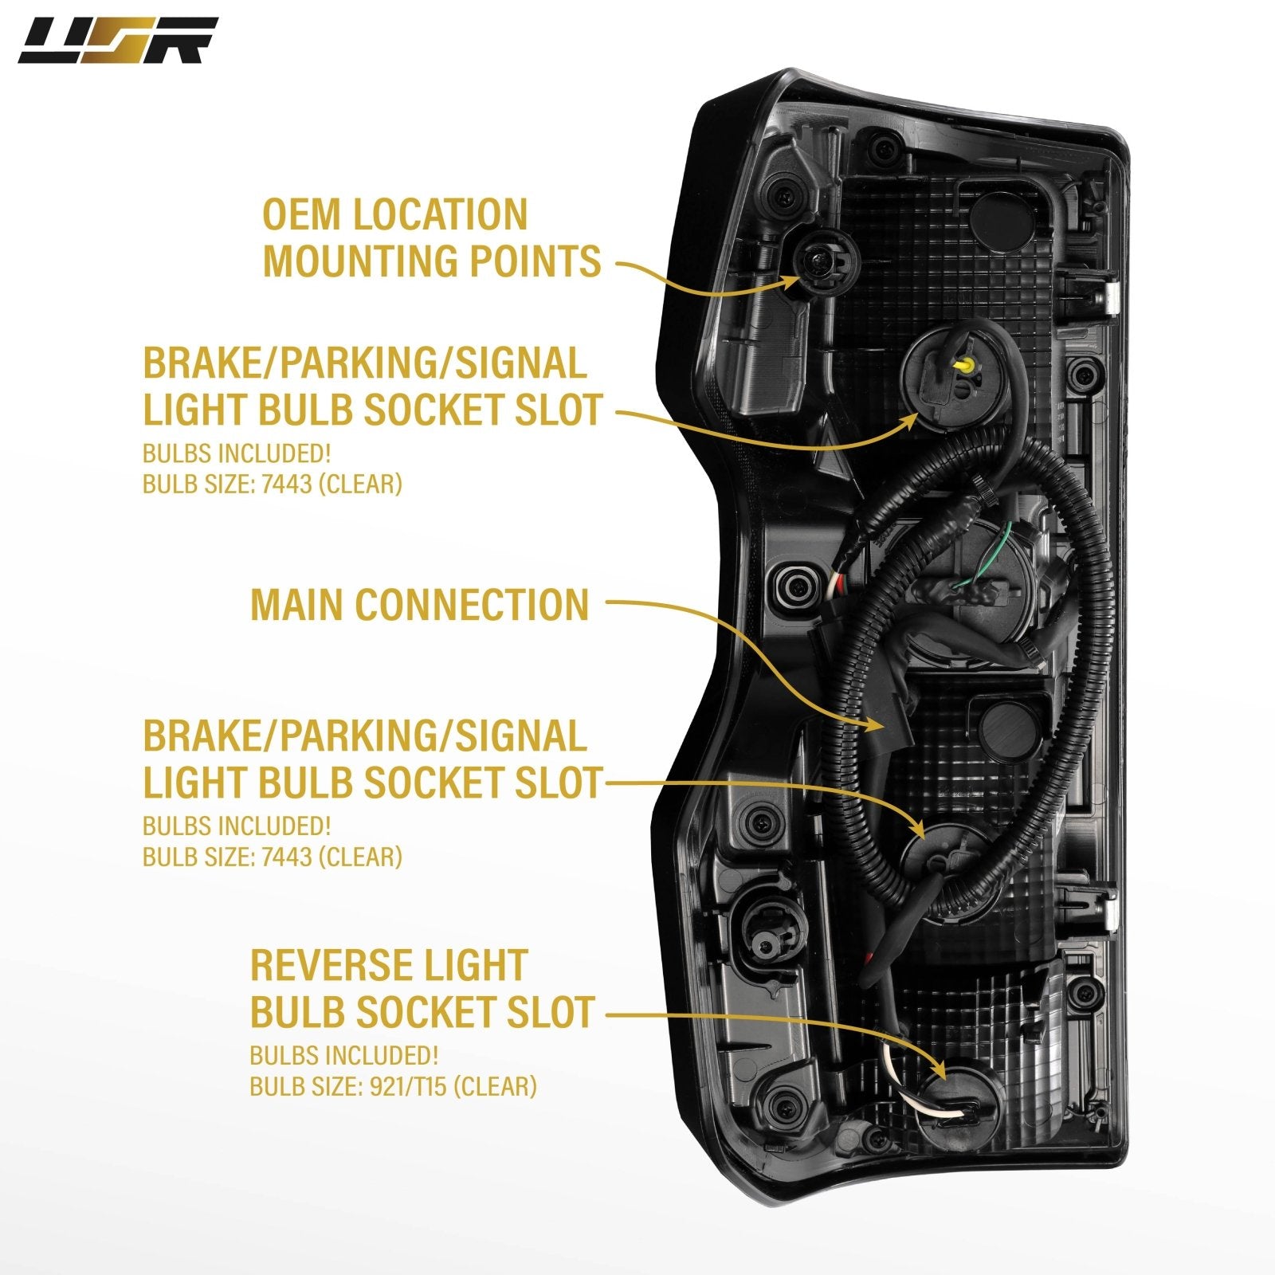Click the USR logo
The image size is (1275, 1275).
118,41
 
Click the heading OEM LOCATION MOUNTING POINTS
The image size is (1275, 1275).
431,238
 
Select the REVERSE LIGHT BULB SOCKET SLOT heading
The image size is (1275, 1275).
422,988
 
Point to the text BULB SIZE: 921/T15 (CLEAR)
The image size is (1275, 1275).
393,1085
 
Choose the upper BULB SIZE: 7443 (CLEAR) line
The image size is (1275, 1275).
272,484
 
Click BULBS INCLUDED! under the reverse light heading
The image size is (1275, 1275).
343,1055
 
